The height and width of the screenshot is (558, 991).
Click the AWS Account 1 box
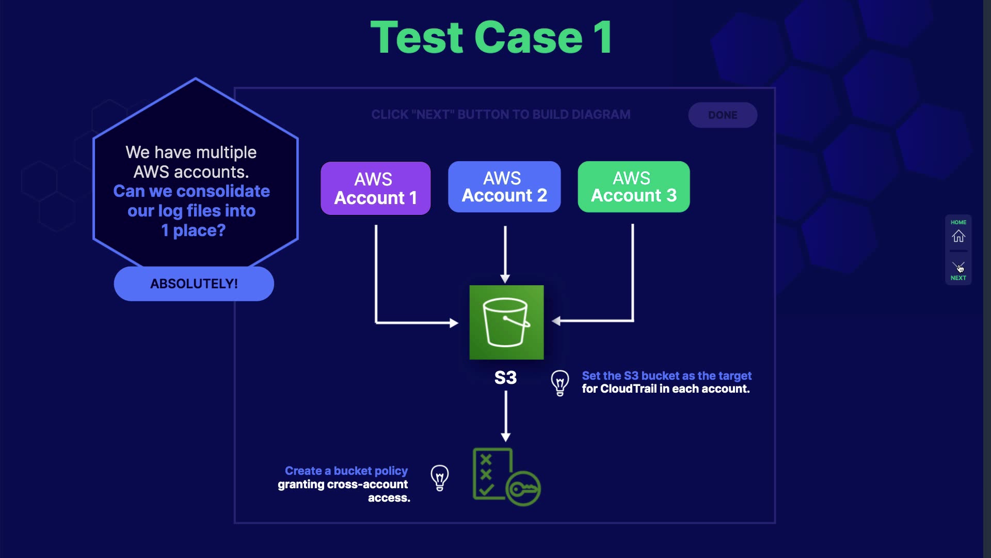pyautogui.click(x=375, y=188)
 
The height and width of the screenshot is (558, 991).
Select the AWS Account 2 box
pyautogui.click(x=504, y=187)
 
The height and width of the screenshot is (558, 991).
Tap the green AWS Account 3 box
pyautogui.click(x=634, y=187)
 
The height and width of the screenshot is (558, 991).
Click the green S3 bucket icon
pyautogui.click(x=506, y=322)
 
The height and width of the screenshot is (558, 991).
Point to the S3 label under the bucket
pyautogui.click(x=505, y=378)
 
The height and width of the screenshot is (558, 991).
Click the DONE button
pyautogui.click(x=723, y=115)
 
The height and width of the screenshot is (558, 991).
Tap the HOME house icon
pyautogui.click(x=958, y=236)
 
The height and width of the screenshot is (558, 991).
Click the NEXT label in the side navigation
pyautogui.click(x=958, y=278)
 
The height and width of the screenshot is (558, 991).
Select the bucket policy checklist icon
pyautogui.click(x=506, y=476)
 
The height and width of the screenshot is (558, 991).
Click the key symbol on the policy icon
pyautogui.click(x=523, y=489)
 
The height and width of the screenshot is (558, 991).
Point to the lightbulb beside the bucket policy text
pyautogui.click(x=440, y=478)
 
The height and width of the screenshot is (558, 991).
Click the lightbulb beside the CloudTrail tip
pyautogui.click(x=560, y=383)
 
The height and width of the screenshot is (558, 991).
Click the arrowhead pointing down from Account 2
pyautogui.click(x=505, y=279)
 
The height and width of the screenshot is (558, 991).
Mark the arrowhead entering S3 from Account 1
pyautogui.click(x=454, y=323)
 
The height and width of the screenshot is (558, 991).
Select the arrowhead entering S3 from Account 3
pyautogui.click(x=556, y=321)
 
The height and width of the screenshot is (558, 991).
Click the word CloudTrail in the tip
pyautogui.click(x=628, y=389)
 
